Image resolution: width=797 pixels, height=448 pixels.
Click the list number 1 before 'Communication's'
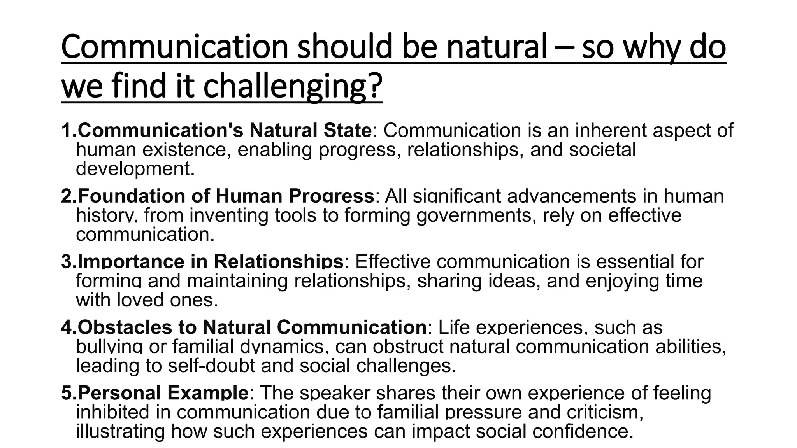point(67,131)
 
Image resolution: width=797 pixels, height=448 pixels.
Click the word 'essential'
point(635,261)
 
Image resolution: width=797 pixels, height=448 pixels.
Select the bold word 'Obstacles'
point(125,327)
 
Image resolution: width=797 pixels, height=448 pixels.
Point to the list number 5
point(67,393)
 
